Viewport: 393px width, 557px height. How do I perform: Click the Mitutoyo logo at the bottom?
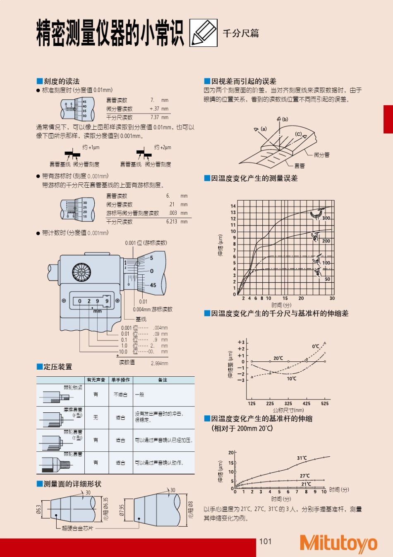(338, 543)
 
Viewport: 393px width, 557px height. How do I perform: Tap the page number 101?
(265, 541)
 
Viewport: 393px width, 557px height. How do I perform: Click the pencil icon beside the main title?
(204, 33)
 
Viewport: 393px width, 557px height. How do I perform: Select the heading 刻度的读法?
(61, 81)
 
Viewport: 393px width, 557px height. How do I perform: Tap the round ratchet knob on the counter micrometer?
(81, 273)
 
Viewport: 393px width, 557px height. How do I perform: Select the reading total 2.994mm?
(159, 363)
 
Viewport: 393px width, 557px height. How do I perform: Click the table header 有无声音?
(96, 380)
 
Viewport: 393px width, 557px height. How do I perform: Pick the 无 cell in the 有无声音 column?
(96, 417)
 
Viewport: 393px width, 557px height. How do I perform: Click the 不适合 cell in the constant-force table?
(120, 395)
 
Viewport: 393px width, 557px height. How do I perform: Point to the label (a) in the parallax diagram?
(264, 129)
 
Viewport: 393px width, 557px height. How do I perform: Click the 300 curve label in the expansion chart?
(326, 218)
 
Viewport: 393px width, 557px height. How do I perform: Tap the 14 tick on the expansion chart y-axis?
(233, 206)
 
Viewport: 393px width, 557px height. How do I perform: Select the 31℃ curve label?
(302, 458)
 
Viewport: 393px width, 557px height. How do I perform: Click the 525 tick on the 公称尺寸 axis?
(325, 403)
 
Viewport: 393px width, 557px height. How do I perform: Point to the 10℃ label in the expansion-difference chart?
(292, 378)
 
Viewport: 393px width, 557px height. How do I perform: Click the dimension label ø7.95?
(122, 510)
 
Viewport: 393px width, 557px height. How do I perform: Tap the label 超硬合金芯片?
(78, 528)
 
